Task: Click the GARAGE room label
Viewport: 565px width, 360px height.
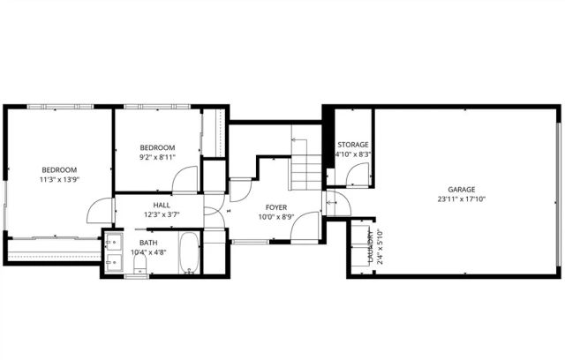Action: point(462,190)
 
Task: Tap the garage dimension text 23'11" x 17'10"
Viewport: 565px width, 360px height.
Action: point(462,199)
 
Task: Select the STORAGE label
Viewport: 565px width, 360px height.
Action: point(352,145)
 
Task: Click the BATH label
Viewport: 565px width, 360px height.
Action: point(148,243)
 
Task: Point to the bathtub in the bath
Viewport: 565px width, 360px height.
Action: point(188,253)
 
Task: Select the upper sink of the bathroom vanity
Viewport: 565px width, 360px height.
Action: point(112,243)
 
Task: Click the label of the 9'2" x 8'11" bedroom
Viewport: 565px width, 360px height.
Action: point(157,147)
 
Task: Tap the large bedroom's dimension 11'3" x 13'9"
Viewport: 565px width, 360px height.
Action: point(59,179)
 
